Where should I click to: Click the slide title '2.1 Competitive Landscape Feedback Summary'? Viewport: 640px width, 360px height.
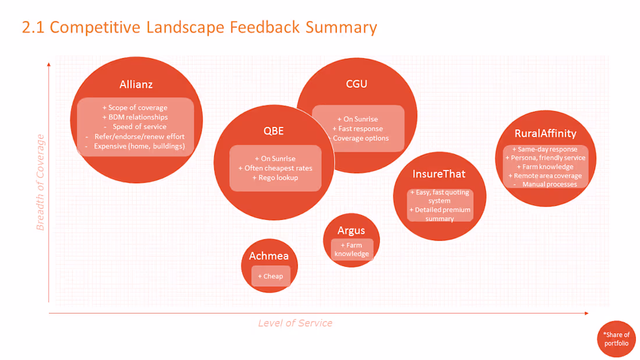click(199, 27)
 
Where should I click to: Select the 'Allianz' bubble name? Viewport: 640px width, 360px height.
click(136, 84)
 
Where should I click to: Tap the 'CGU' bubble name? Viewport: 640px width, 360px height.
click(356, 84)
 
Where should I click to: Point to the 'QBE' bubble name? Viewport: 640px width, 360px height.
click(273, 131)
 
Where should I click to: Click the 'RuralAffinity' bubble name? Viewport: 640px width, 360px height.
click(545, 133)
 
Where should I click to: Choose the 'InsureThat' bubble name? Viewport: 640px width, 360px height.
click(439, 173)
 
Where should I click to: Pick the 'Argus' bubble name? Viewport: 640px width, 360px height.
click(351, 231)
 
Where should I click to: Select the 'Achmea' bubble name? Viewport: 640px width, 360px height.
click(269, 256)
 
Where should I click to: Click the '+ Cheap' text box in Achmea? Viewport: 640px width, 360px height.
click(271, 276)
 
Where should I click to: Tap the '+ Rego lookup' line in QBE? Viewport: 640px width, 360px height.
click(275, 177)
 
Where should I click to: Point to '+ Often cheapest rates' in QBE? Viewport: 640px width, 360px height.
click(275, 168)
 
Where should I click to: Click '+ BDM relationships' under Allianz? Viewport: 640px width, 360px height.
click(134, 117)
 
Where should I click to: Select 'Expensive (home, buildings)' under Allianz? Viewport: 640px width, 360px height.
click(139, 146)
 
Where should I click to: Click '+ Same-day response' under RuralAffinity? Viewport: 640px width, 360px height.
click(545, 149)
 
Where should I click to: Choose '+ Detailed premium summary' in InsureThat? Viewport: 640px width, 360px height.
click(439, 214)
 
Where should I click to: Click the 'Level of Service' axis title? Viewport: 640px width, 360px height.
click(295, 323)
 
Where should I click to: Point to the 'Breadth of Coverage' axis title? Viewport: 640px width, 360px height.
click(40, 182)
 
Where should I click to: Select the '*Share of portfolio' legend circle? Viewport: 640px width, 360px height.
click(616, 339)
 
